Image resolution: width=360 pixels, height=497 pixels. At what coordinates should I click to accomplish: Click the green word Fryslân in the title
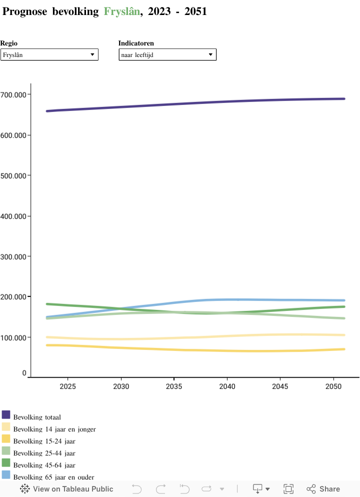click(x=121, y=11)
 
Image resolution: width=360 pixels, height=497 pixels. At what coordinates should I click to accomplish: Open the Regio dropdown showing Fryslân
click(x=49, y=54)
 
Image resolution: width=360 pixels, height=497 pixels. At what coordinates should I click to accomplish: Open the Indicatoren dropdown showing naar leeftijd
click(x=167, y=54)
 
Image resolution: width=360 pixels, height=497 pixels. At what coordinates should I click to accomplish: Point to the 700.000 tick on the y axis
click(x=14, y=94)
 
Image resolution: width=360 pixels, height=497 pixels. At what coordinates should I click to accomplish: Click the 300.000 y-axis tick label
click(x=14, y=256)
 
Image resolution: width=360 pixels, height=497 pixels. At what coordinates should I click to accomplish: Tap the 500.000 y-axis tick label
click(x=14, y=175)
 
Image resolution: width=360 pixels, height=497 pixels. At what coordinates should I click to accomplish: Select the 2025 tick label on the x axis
click(x=67, y=386)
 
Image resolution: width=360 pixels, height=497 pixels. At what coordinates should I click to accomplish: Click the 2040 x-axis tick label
click(x=227, y=386)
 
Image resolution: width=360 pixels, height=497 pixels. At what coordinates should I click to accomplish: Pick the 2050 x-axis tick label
click(x=333, y=386)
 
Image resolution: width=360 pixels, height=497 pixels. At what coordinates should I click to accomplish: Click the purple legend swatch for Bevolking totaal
click(x=6, y=414)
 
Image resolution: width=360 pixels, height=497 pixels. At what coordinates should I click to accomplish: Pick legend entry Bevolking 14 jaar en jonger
click(x=54, y=429)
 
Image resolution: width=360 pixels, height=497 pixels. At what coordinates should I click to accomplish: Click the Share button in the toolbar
click(x=323, y=489)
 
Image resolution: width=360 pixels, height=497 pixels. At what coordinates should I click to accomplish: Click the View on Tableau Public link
click(x=66, y=489)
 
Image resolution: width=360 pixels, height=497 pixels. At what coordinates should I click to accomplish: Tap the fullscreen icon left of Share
click(x=288, y=489)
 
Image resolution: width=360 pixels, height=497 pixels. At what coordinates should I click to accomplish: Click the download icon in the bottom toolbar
click(x=258, y=488)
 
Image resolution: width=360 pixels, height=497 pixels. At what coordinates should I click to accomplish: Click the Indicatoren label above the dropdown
click(x=136, y=43)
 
